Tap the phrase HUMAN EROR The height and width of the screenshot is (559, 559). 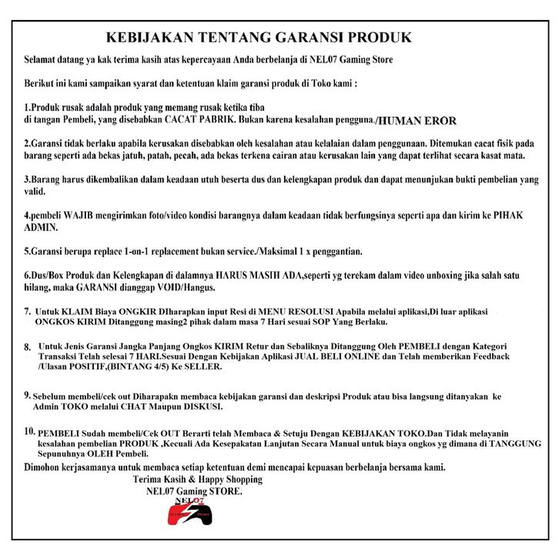[x=418, y=121]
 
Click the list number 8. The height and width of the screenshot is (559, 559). [x=28, y=347]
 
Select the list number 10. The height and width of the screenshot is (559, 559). [x=30, y=432]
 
